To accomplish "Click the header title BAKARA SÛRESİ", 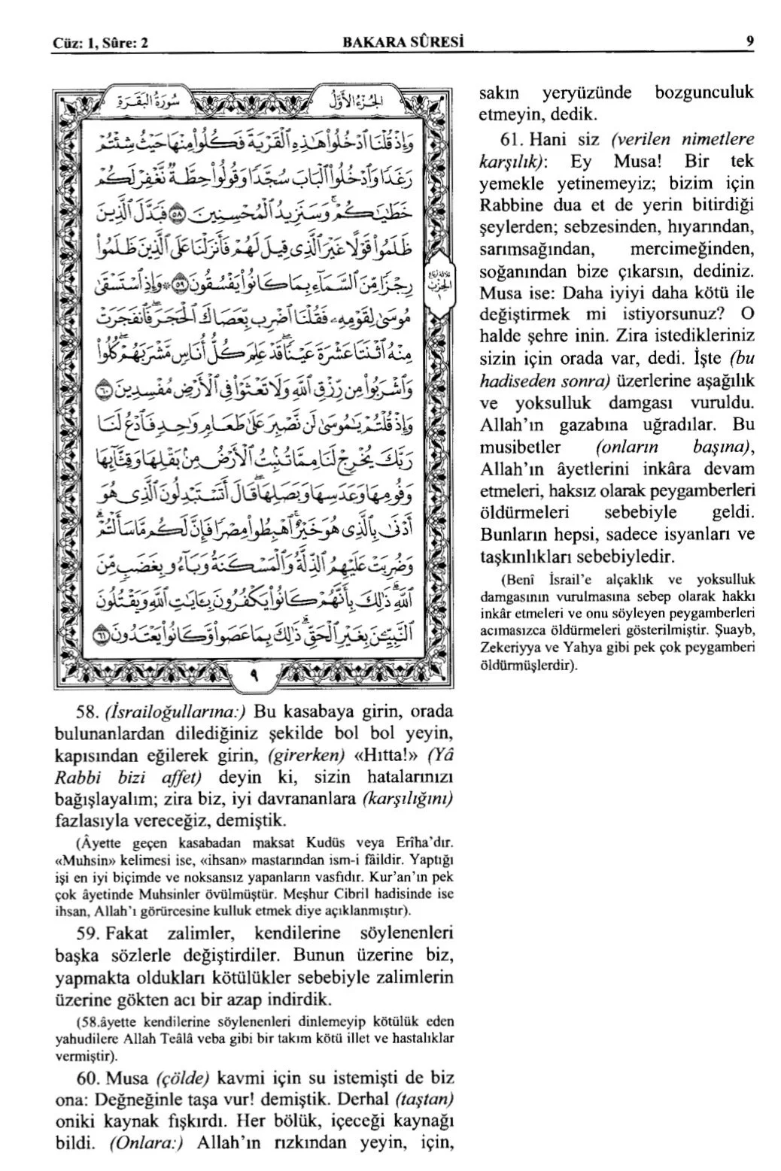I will (403, 43).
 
